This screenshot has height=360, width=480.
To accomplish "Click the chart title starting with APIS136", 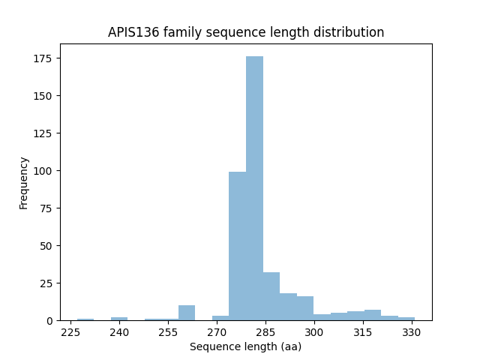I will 246,32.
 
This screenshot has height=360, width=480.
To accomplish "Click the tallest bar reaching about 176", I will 254,188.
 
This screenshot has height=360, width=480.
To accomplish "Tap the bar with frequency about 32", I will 271,296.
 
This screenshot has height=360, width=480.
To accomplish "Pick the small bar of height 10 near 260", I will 187,313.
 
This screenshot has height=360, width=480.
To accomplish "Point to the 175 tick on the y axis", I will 44,58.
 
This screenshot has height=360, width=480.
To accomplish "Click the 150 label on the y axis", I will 44,96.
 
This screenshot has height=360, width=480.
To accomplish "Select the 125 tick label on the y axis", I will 44,133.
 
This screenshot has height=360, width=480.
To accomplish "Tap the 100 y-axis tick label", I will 44,171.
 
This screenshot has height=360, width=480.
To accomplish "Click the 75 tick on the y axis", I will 47,208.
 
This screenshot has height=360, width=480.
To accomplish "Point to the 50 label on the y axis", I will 47,246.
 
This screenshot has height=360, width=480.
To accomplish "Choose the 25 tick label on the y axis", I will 47,283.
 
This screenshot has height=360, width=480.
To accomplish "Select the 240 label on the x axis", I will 119,331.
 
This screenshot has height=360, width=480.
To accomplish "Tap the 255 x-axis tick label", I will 168,331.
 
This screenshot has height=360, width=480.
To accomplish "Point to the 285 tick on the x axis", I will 265,331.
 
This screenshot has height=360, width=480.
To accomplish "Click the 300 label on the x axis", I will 314,331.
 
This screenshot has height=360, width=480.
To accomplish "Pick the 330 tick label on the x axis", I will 411,331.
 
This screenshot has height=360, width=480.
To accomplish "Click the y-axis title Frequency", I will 24,182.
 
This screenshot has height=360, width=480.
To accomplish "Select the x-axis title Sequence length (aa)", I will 246,346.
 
